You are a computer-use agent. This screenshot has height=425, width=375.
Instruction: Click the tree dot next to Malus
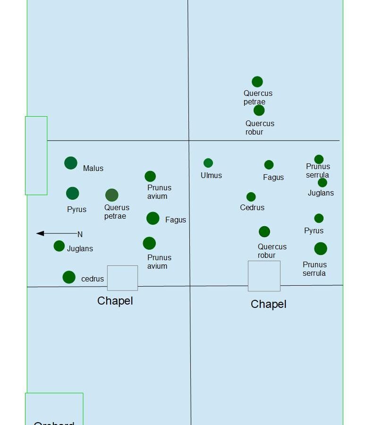(x=71, y=163)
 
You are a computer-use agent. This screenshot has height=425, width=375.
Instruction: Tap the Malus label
(x=93, y=169)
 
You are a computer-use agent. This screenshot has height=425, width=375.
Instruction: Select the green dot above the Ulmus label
(x=208, y=163)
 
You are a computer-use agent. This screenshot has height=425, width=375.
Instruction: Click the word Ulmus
(x=211, y=175)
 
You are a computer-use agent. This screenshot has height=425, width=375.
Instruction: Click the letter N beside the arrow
(x=80, y=234)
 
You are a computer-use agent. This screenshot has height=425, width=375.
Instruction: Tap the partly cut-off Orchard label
(x=54, y=422)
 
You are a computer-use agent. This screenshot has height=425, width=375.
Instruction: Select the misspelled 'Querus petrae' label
(x=117, y=212)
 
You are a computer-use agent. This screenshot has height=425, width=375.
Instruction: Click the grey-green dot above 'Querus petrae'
(x=112, y=195)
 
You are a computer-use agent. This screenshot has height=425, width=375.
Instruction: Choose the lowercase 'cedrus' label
(x=93, y=279)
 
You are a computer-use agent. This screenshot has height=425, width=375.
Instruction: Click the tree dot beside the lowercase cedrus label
(x=69, y=277)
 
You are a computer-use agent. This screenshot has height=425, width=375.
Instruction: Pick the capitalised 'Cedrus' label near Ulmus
(x=252, y=207)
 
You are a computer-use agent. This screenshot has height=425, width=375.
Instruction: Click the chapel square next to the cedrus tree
(x=122, y=278)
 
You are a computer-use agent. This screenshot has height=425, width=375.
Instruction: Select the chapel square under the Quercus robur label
(x=264, y=276)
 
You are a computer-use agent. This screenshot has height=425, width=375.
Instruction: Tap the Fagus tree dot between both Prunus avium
(x=153, y=218)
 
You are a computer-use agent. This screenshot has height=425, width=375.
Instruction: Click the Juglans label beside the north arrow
(x=80, y=248)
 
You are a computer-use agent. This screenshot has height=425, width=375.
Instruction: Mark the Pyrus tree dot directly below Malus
(x=73, y=193)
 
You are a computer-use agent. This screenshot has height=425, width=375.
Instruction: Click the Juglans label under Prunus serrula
(x=321, y=193)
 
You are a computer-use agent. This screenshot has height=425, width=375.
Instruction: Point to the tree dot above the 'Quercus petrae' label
(x=257, y=82)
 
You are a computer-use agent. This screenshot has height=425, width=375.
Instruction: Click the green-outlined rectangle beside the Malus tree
(x=36, y=155)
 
